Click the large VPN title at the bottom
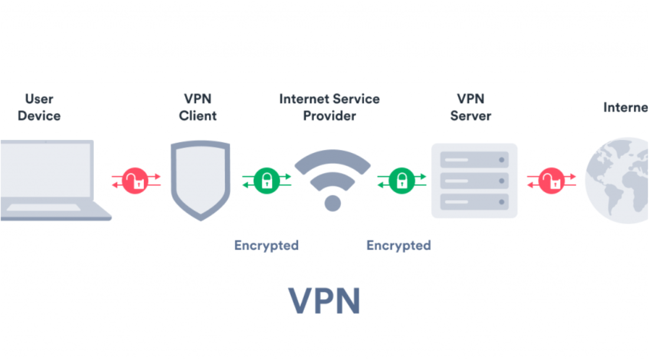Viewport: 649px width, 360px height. (324, 300)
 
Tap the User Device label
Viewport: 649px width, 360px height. (39, 107)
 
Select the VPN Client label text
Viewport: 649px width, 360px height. (198, 107)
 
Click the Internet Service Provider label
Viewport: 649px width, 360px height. (329, 107)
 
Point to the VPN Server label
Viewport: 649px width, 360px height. (470, 107)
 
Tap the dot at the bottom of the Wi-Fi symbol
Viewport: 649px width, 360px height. (333, 203)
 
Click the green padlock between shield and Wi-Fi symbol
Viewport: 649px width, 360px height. (267, 181)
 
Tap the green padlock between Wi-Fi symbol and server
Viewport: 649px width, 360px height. (402, 181)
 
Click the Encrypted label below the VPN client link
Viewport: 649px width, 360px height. (266, 246)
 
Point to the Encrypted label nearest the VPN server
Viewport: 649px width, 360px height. (398, 246)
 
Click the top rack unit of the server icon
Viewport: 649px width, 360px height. (475, 160)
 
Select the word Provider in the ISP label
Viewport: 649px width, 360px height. (329, 115)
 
